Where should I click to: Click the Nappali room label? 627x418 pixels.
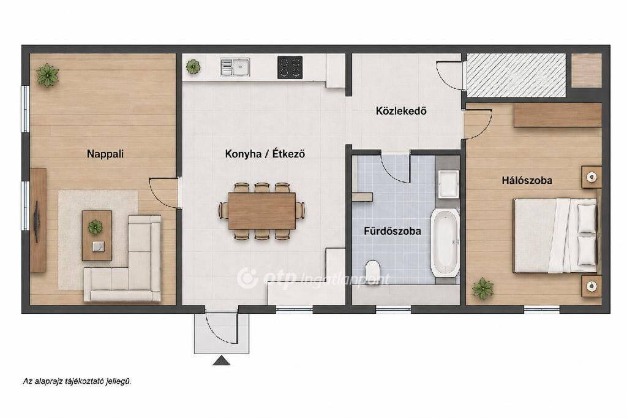click(105, 154)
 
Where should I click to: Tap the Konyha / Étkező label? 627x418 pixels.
click(265, 154)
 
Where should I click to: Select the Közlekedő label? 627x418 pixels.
click(401, 110)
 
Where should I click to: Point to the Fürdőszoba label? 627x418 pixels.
click(392, 231)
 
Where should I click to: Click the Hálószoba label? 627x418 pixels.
click(527, 180)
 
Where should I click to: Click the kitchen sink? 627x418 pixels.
click(235, 67)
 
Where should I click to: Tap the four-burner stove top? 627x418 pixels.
click(290, 67)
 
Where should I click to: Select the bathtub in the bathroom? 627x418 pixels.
click(445, 242)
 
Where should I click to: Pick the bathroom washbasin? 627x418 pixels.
click(448, 184)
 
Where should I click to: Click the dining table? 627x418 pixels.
click(262, 211)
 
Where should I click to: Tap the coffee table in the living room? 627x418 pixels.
click(97, 235)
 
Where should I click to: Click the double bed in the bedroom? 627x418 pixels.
click(555, 235)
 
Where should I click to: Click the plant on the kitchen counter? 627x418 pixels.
click(193, 66)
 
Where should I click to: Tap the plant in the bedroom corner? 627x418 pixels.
click(482, 288)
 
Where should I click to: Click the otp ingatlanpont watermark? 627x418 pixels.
click(313, 278)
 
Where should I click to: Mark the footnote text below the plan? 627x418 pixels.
click(77, 382)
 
